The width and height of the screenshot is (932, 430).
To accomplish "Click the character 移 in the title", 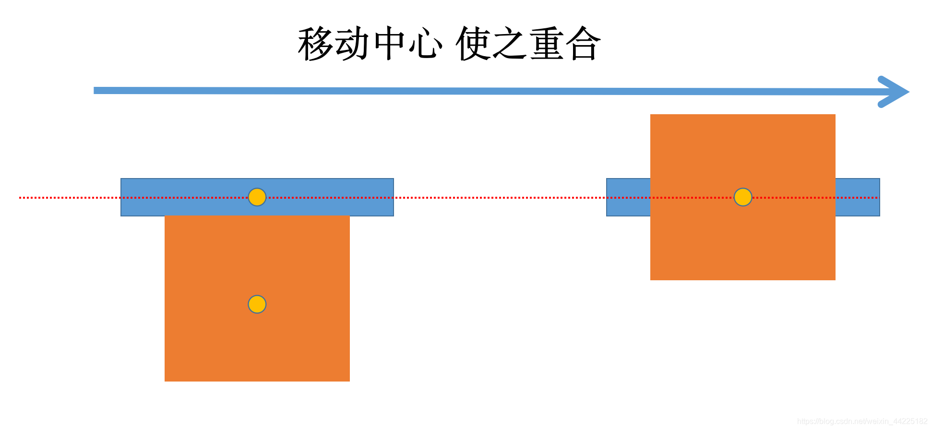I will [315, 44].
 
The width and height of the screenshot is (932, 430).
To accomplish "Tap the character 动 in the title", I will [352, 44].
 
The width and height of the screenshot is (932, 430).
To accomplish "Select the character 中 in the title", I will [390, 44].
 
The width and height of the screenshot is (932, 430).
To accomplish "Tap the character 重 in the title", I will [547, 44].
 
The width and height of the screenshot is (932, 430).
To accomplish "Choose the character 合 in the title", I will [583, 44].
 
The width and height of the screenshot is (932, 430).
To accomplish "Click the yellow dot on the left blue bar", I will [257, 197].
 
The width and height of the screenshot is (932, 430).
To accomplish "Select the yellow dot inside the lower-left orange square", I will [257, 304].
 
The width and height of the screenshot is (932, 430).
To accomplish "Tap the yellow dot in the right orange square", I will [743, 197].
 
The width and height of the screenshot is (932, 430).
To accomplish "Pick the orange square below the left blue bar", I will [257, 346].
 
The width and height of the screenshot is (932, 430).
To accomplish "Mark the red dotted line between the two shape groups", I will [499, 197].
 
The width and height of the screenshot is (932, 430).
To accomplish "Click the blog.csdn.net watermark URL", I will [862, 421].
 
